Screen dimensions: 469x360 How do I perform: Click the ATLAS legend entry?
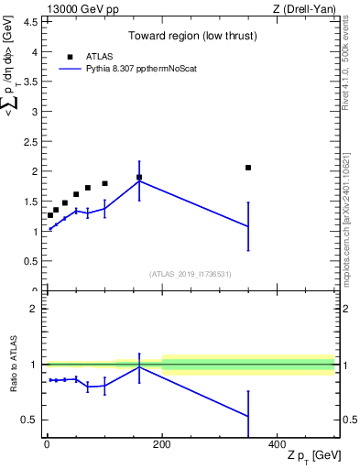[98, 56]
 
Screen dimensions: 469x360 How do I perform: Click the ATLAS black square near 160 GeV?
[139, 177]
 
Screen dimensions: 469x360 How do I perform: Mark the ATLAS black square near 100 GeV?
[104, 183]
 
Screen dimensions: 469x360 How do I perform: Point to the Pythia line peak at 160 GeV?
[139, 180]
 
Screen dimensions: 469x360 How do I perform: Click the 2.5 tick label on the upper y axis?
[32, 142]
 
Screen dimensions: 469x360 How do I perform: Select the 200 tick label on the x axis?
[162, 443]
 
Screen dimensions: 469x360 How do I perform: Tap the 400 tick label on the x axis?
[277, 443]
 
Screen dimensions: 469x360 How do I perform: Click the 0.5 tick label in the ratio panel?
[30, 420]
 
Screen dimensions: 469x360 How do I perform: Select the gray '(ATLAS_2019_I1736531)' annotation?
[190, 273]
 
